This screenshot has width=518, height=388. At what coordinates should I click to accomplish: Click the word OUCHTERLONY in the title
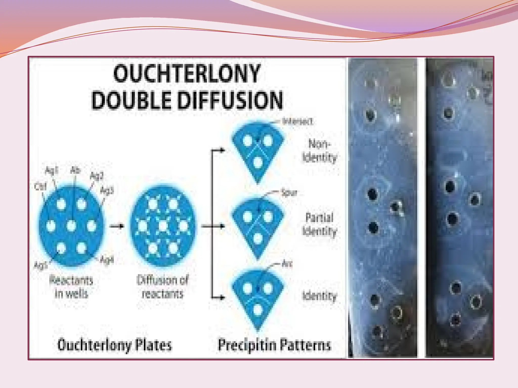pos(187,74)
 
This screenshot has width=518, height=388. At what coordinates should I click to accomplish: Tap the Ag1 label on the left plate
pos(52,171)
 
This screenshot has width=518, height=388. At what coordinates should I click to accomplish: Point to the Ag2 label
pos(97,176)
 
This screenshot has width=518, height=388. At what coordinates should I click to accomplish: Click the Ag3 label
pos(107,191)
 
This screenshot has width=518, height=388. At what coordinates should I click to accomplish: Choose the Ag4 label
pos(107,260)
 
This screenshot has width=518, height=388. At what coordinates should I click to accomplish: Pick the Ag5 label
pos(40,265)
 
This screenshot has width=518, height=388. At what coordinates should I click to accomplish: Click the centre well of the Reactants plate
pos(71,226)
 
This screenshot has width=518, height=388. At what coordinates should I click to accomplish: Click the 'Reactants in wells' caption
pos(71,287)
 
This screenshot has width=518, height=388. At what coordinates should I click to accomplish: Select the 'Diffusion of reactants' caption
pos(163,287)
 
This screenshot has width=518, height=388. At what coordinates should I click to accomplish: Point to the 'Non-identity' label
pos(319,151)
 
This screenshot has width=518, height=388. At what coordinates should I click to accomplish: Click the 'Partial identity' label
pos(319,225)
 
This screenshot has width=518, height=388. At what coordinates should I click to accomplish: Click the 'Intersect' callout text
pos(298,122)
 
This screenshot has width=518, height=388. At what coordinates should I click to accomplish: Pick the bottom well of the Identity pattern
pos(257,309)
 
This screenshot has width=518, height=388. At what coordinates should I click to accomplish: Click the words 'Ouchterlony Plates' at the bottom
pos(115,345)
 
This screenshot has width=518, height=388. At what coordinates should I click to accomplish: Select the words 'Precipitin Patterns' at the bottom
pos(274,345)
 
